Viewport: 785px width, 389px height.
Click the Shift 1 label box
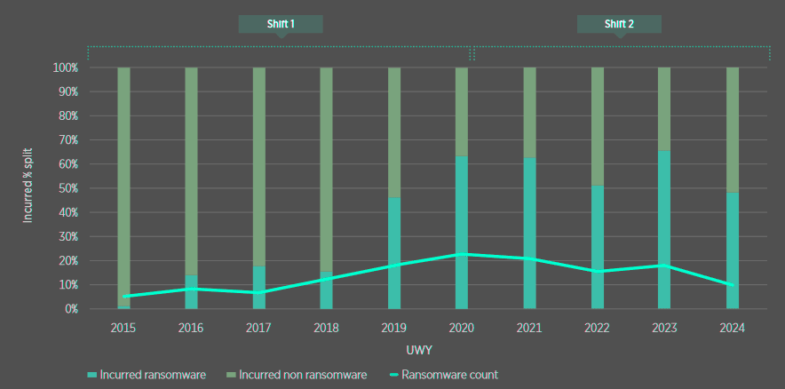pos(281,24)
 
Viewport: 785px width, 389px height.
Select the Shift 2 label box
pos(619,24)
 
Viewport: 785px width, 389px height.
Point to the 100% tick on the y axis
pos(67,67)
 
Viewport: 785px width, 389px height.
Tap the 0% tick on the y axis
pos(72,309)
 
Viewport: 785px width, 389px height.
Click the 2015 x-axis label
pos(124,328)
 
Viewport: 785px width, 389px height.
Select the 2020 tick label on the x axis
pos(462,328)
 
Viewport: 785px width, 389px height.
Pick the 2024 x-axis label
pos(732,328)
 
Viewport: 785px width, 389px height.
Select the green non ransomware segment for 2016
pos(192,169)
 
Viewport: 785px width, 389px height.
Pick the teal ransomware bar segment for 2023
pos(664,213)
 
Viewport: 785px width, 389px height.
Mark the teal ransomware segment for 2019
pos(394,231)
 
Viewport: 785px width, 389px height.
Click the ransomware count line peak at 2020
pos(462,254)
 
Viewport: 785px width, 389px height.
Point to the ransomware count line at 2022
pos(597,272)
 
